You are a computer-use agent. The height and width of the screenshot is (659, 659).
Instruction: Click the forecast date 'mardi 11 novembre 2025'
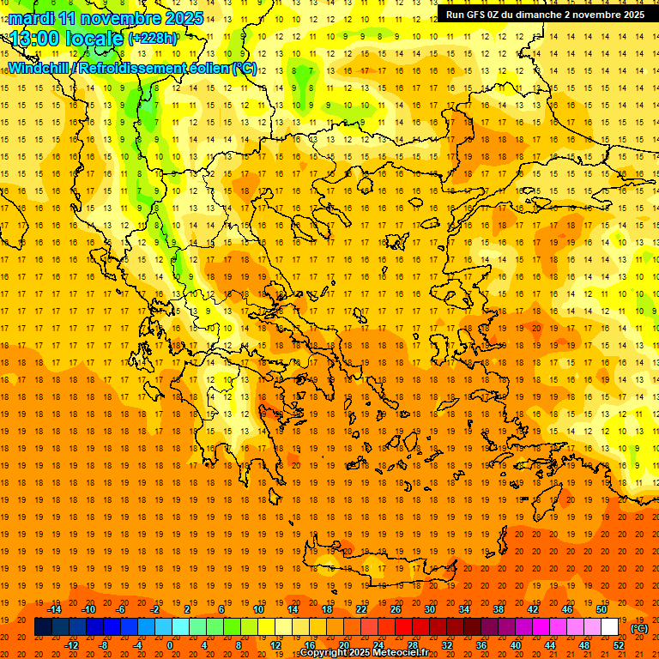[x=106, y=18]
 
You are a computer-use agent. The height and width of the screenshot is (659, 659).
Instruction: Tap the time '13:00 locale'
[x=68, y=39]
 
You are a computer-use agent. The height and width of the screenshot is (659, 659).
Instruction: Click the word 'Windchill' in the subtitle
[x=39, y=68]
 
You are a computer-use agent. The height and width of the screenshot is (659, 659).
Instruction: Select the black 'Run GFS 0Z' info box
[x=545, y=14]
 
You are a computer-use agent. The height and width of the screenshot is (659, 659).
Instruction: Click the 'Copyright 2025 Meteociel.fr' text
[x=364, y=653]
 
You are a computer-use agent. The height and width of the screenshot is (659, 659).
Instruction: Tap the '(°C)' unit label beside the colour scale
[x=638, y=627]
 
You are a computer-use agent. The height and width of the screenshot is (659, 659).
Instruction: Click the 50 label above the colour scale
[x=602, y=609]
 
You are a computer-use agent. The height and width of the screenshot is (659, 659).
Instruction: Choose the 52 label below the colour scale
[x=619, y=644]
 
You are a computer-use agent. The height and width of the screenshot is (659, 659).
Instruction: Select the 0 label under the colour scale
[x=171, y=644]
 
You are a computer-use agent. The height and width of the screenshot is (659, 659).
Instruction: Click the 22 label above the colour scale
[x=361, y=609]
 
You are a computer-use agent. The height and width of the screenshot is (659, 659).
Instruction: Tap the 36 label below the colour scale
[x=481, y=644]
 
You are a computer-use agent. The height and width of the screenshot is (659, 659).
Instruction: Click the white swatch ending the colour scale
[x=610, y=626]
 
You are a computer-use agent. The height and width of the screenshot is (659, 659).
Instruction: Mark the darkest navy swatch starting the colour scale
[x=43, y=626]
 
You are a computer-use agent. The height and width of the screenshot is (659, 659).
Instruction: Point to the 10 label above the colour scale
[x=258, y=609]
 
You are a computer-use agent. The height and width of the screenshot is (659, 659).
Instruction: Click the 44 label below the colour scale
[x=550, y=644]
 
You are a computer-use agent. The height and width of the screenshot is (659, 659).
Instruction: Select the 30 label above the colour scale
[x=430, y=609]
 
